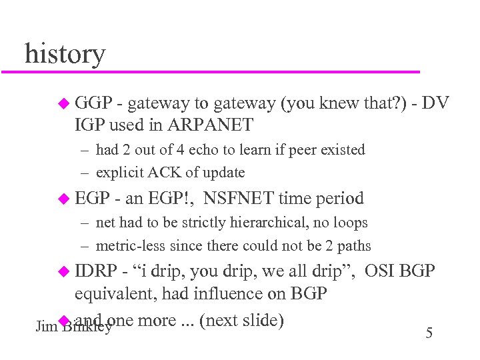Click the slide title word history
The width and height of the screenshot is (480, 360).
click(65, 53)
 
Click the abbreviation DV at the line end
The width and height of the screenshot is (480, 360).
click(435, 103)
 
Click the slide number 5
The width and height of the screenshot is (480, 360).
click(429, 333)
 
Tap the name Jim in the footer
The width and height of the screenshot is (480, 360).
click(45, 327)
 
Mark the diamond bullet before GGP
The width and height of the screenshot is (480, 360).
click(63, 103)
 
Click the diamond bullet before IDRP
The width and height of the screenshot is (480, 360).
click(63, 272)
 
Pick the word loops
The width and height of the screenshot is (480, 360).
click(349, 222)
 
